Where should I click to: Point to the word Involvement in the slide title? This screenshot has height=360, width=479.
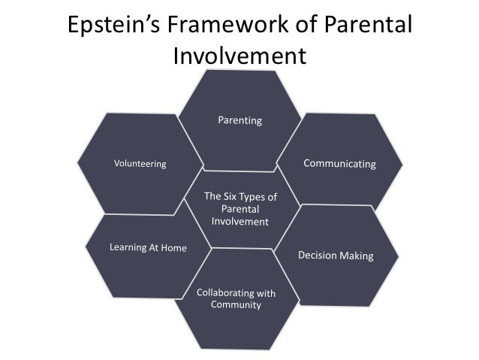pyautogui.click(x=239, y=56)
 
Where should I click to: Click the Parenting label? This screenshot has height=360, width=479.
pyautogui.click(x=239, y=120)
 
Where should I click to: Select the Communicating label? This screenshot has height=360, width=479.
pyautogui.click(x=339, y=163)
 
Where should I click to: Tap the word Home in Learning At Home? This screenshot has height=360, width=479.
pyautogui.click(x=174, y=247)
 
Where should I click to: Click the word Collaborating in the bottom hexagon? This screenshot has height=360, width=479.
pyautogui.click(x=220, y=292)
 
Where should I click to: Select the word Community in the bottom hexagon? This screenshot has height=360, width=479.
pyautogui.click(x=236, y=305)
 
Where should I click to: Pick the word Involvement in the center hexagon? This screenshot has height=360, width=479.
pyautogui.click(x=239, y=222)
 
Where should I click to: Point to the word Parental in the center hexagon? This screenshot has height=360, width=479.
pyautogui.click(x=240, y=210)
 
